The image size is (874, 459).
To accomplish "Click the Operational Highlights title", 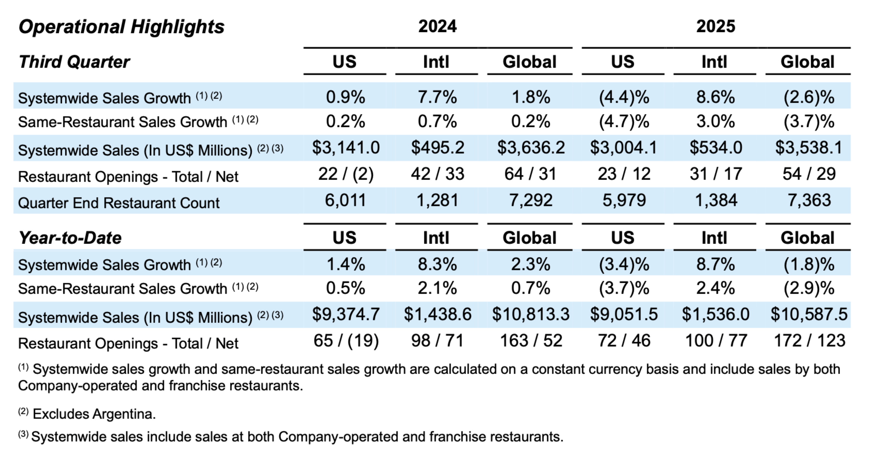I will coord(121,27).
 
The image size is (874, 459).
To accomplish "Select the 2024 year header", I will coord(437,26).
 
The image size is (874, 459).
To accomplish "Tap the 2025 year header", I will coord(715,26).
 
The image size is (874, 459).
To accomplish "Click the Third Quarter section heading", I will coord(74,62).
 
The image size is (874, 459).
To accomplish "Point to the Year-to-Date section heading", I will coord(70,238).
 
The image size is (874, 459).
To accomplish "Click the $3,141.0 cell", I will coord(346,148).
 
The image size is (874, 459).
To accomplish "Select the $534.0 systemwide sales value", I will coord(715,148).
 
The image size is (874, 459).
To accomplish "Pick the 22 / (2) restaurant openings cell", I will coord(346,174).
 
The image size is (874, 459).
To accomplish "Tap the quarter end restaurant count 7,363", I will coord(809,200).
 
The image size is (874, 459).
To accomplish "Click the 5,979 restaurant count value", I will coord(624,200).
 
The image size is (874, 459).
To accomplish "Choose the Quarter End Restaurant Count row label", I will coord(119,203).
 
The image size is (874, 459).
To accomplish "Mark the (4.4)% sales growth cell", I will coord(624,97).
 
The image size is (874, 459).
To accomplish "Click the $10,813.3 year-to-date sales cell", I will coord(531,314).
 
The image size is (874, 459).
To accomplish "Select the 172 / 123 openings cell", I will coord(809,341).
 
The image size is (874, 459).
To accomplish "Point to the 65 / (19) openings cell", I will coord(346,341).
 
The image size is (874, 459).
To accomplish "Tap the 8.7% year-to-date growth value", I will coord(715,265).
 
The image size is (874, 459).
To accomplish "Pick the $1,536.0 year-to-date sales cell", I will coord(715,314).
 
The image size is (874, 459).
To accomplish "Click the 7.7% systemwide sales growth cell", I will coord(437,97).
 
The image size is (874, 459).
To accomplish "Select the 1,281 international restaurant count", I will coord(437,200).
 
